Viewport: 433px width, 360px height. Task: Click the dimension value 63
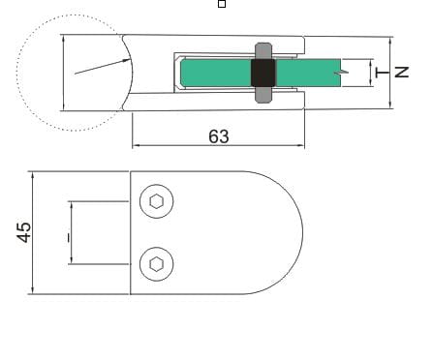(219, 136)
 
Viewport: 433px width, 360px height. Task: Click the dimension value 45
(24, 232)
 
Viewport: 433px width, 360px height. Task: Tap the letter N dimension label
(402, 72)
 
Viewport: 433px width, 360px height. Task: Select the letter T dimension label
(383, 73)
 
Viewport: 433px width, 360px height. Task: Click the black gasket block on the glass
(263, 73)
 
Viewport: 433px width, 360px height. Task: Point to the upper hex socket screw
(157, 201)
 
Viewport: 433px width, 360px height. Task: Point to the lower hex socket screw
(157, 264)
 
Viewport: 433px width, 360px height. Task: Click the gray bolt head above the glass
(263, 50)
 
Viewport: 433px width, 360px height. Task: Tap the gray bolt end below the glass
(263, 95)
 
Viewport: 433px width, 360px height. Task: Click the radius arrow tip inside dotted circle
(130, 59)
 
